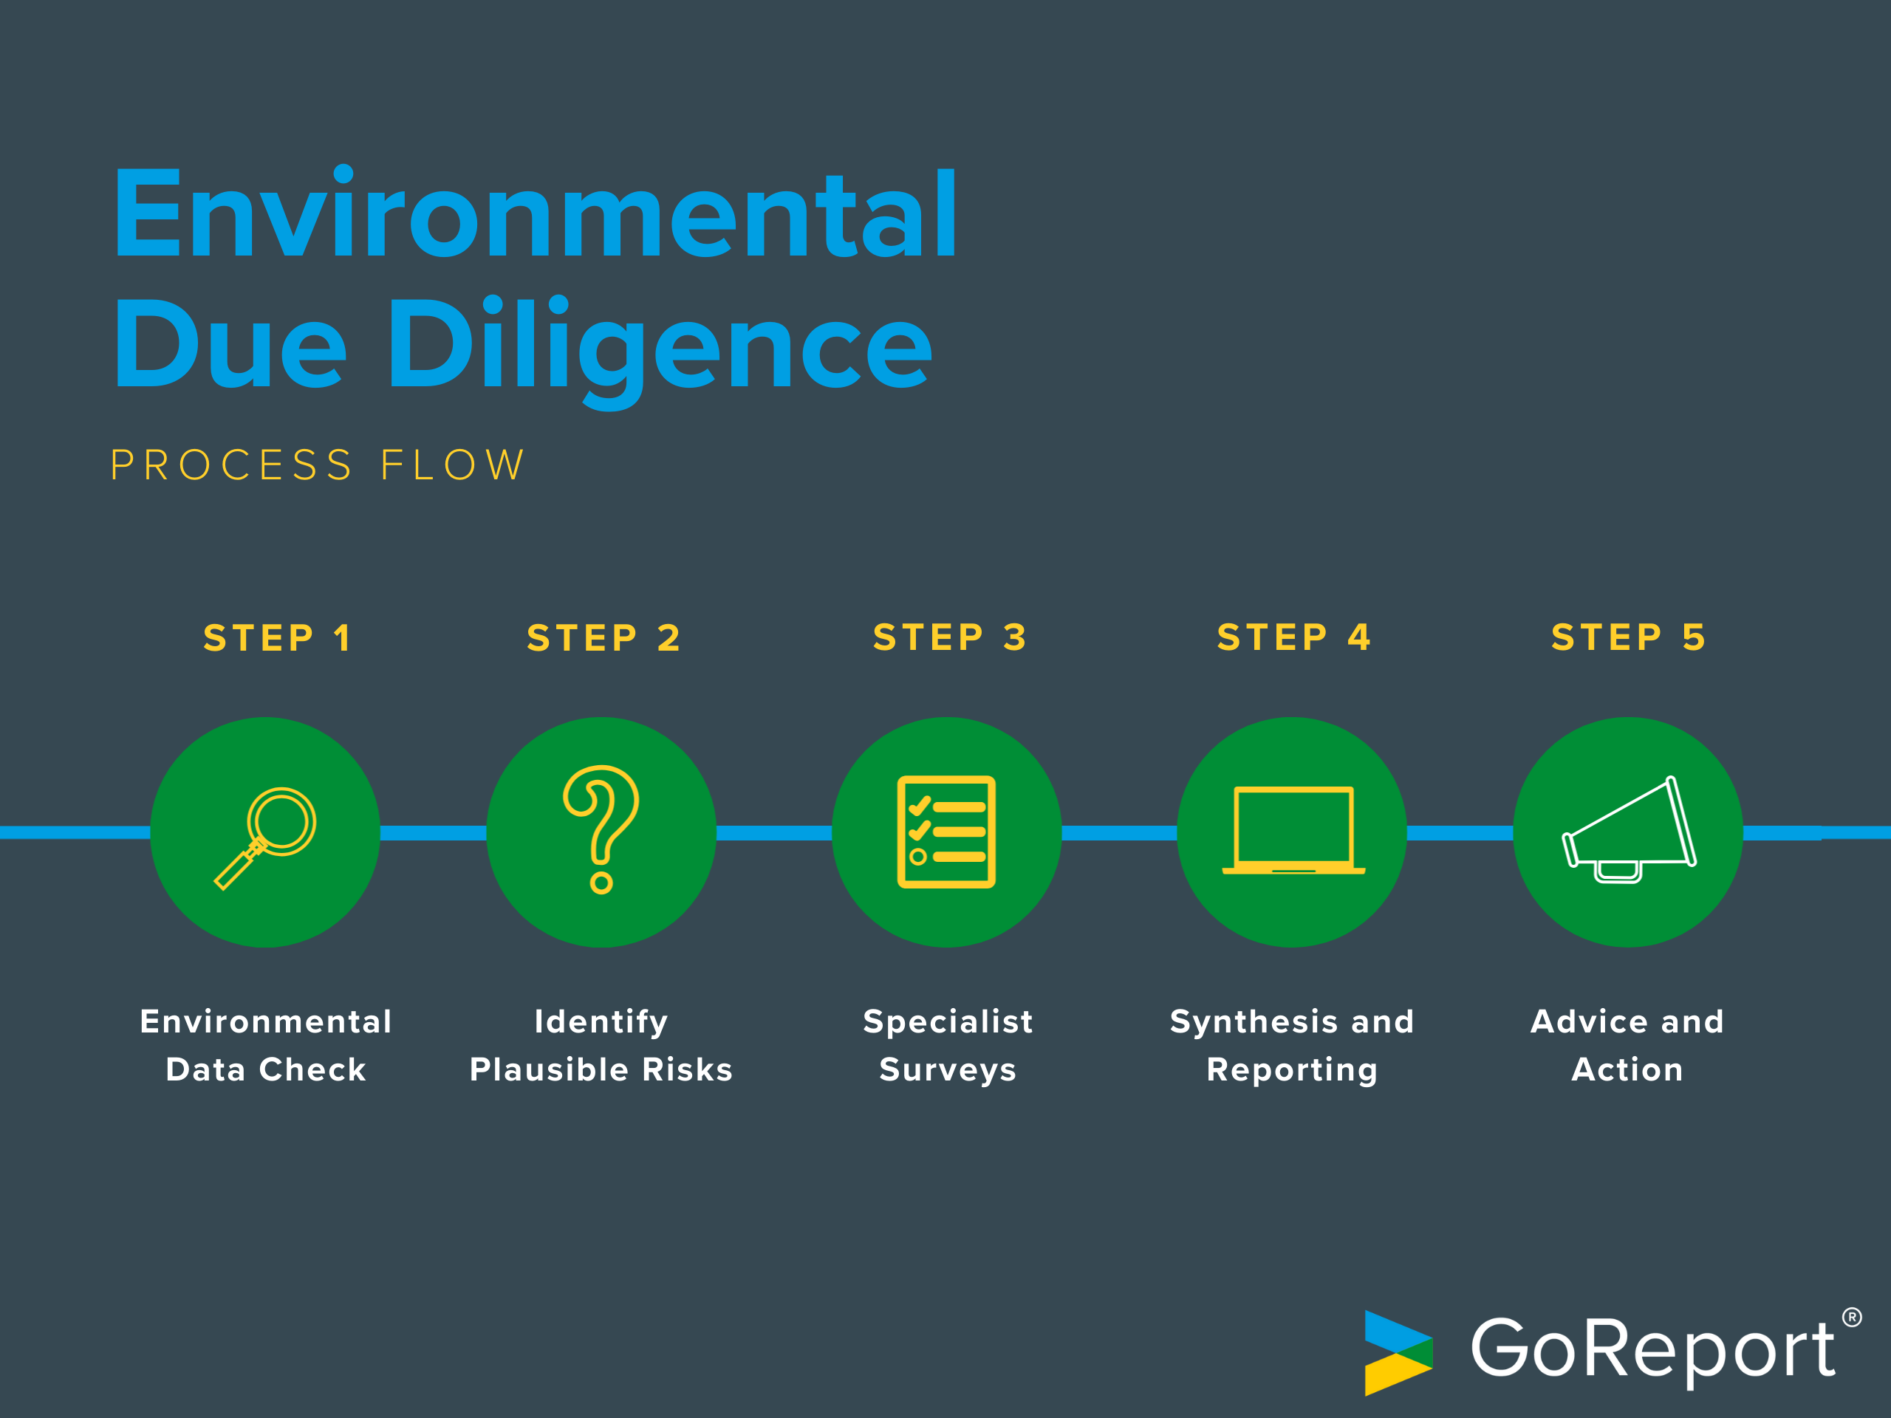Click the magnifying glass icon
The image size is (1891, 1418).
click(265, 838)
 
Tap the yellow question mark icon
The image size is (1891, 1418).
click(601, 829)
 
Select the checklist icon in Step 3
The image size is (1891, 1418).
click(946, 832)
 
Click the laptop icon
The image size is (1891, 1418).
click(1293, 831)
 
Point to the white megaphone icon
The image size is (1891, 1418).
click(1629, 832)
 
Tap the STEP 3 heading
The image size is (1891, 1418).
click(950, 637)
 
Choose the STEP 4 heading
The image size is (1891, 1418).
click(1294, 637)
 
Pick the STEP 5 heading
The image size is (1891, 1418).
click(1629, 637)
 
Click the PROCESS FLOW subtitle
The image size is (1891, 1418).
click(317, 466)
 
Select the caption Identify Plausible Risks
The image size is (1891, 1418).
click(601, 1045)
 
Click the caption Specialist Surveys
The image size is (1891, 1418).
click(948, 1045)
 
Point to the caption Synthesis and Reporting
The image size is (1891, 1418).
click(1292, 1045)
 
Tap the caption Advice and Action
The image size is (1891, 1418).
click(1628, 1045)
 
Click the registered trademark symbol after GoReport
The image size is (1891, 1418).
click(1852, 1317)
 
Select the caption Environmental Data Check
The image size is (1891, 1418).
click(266, 1045)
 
